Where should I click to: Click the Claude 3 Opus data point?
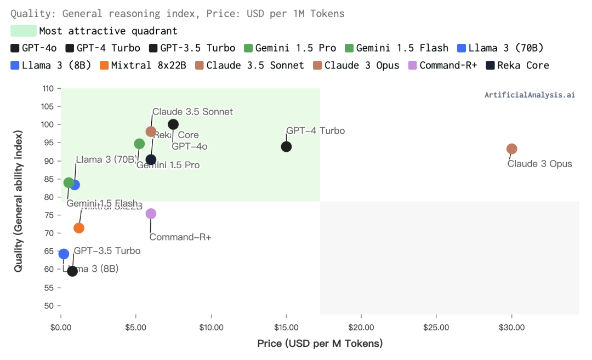[x=511, y=149]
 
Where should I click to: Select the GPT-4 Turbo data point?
[x=286, y=147]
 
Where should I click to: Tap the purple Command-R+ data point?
[x=151, y=214]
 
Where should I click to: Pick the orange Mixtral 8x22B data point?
[x=79, y=228]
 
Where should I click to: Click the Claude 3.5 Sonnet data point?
[x=151, y=132]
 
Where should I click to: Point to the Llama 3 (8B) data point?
[x=64, y=254]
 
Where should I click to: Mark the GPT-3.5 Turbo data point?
[x=72, y=271]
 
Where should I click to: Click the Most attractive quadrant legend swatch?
[x=24, y=31]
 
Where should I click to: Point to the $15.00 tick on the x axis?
[x=286, y=328]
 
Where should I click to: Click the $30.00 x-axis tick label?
[x=511, y=328]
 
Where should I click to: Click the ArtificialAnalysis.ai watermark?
[x=530, y=95]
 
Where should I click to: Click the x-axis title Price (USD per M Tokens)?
[x=320, y=344]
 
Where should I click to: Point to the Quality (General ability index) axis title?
[x=19, y=201]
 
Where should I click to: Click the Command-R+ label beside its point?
[x=180, y=237]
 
